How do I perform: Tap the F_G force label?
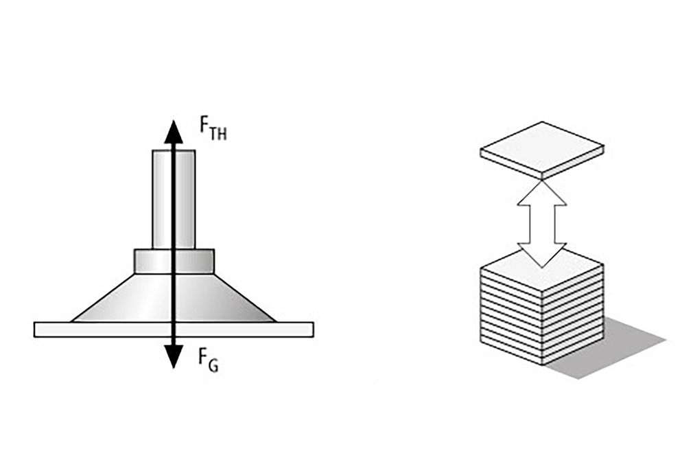pyautogui.click(x=208, y=360)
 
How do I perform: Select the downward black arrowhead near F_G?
pyautogui.click(x=174, y=356)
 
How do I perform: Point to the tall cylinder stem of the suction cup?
pyautogui.click(x=174, y=199)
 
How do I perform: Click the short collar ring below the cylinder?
pyautogui.click(x=174, y=261)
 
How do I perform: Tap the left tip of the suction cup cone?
pyautogui.click(x=72, y=321)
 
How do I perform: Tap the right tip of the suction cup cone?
pyautogui.click(x=275, y=321)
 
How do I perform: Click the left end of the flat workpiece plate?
pyautogui.click(x=34, y=330)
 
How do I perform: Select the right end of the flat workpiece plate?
pyautogui.click(x=314, y=330)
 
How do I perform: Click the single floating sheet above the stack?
pyautogui.click(x=542, y=150)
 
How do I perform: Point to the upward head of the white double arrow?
pyautogui.click(x=542, y=193)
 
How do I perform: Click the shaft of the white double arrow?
pyautogui.click(x=542, y=224)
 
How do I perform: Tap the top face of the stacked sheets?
pyautogui.click(x=542, y=270)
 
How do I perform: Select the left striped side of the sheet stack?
pyautogui.click(x=511, y=316)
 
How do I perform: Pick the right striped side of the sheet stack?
pyautogui.click(x=573, y=316)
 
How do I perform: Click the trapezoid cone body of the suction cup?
pyautogui.click(x=174, y=297)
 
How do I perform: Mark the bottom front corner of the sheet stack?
pyautogui.click(x=542, y=365)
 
